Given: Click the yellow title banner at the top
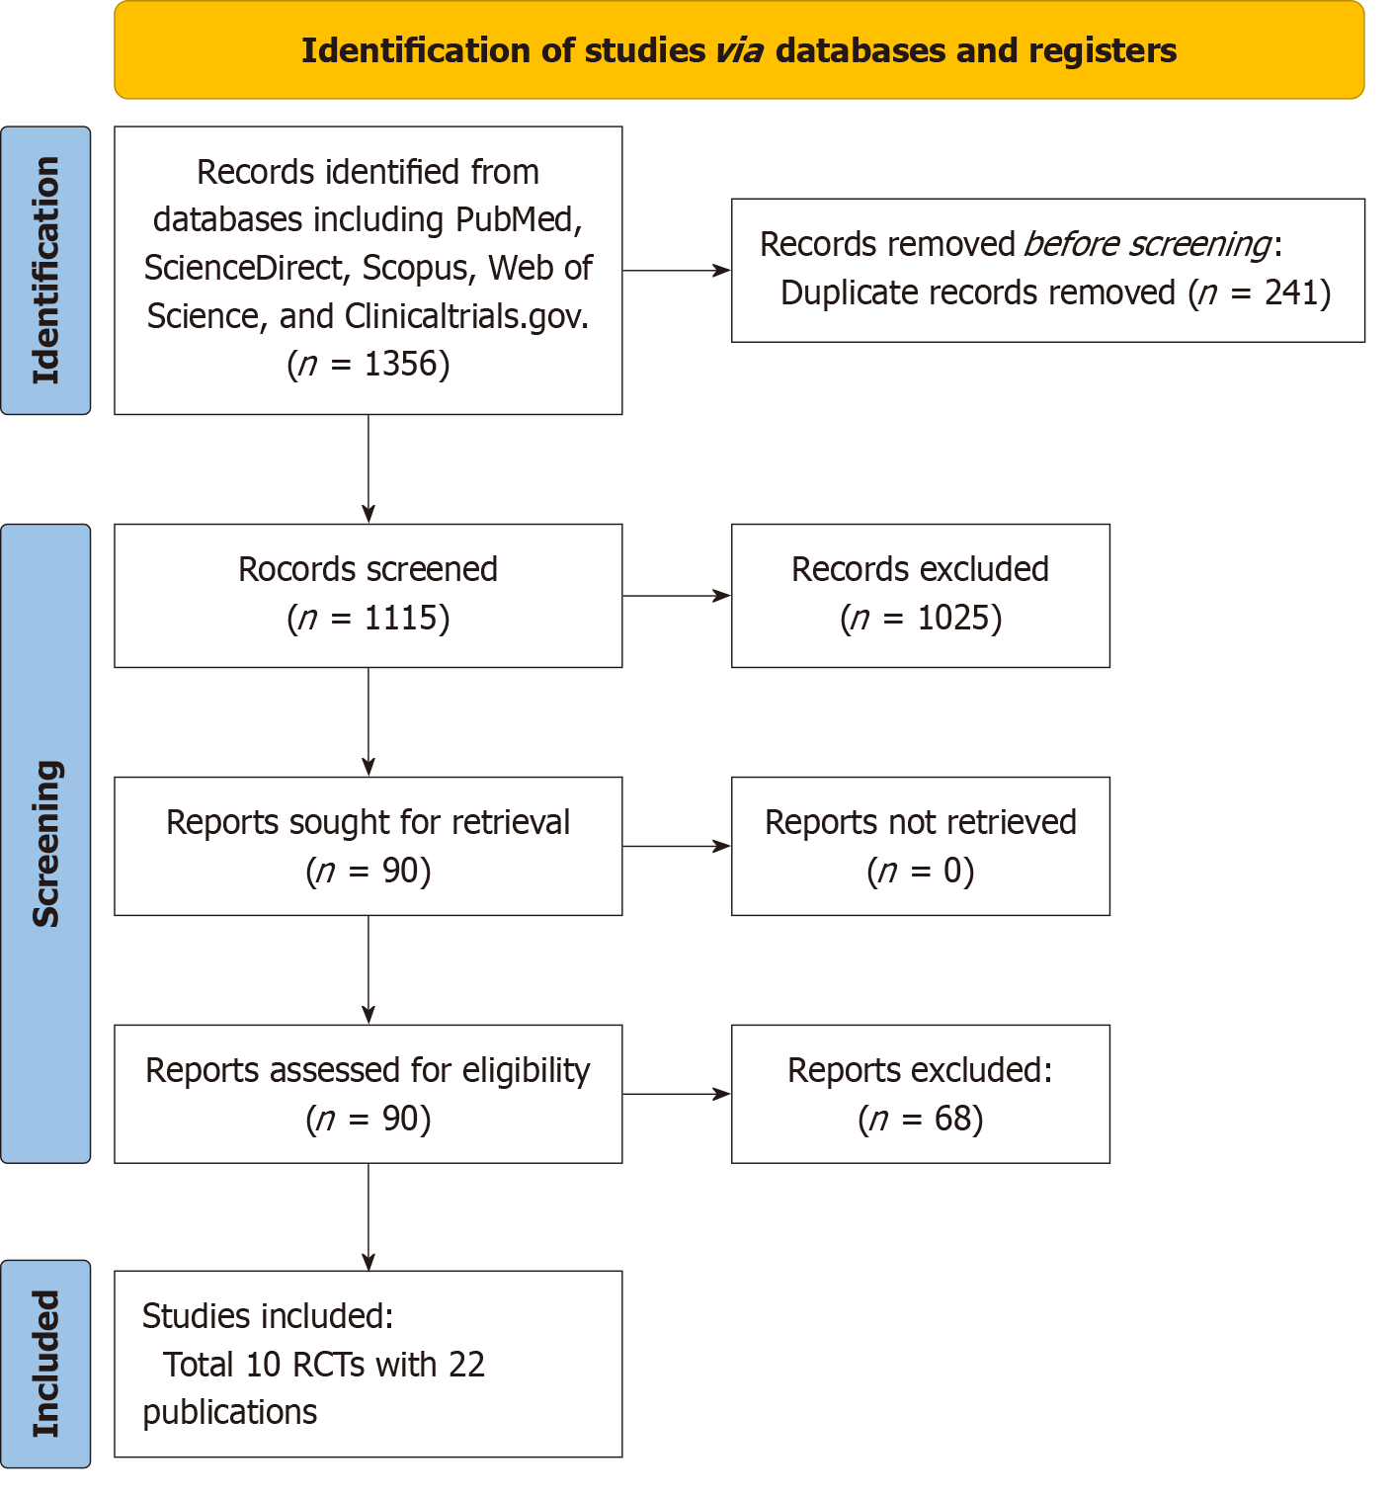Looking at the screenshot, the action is [739, 49].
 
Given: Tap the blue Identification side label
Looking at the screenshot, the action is [45, 270].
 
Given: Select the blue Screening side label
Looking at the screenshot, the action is [45, 843].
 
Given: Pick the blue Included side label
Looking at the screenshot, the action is [45, 1364].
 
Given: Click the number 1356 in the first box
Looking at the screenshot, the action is [400, 365].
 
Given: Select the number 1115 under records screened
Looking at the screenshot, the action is [400, 618].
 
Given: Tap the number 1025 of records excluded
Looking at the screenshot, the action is [953, 618].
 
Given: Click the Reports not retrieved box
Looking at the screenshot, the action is [920, 846].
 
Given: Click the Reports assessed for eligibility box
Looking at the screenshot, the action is [369, 1095].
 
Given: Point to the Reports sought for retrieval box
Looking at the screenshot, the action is [369, 846].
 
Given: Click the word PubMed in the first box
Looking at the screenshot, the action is [518, 219].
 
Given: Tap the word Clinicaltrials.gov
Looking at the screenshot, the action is [466, 317].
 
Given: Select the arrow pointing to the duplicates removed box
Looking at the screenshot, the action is [677, 270].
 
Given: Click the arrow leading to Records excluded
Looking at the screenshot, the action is [677, 596].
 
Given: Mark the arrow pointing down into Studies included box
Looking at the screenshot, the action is [369, 1217].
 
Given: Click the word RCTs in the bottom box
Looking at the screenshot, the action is [328, 1365].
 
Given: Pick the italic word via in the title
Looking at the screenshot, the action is [739, 50].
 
